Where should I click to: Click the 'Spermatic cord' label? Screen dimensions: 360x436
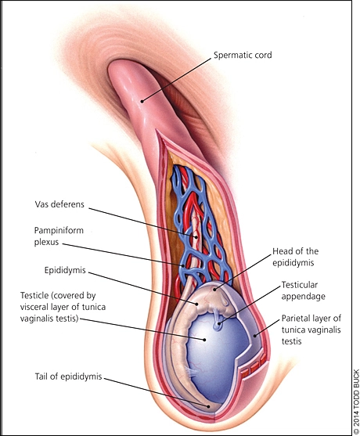pos(243,56)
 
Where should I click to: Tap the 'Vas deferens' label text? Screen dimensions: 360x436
pos(59,204)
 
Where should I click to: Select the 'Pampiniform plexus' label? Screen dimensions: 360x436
pos(59,236)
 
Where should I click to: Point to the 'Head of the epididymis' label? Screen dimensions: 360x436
pos(295,257)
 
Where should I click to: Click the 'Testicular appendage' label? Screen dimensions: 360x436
pos(304,290)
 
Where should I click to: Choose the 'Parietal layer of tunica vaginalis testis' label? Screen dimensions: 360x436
pos(311,330)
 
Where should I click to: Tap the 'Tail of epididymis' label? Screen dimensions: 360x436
pos(68,377)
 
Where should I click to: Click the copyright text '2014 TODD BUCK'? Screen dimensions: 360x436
pos(356,402)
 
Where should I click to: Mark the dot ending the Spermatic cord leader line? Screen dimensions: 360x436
pos(142,101)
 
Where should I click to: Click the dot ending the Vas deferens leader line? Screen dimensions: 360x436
pos(196,237)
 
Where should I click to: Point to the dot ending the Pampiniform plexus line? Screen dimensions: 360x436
pos(183,265)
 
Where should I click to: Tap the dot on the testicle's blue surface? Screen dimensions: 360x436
pos(204,340)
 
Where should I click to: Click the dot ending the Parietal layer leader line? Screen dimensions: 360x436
pos(255,336)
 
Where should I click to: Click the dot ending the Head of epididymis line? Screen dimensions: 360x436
pos(214,290)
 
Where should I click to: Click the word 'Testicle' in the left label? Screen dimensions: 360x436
pos(34,295)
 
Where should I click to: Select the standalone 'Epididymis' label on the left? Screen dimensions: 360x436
pos(65,270)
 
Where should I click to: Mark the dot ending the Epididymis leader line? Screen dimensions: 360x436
pos(196,304)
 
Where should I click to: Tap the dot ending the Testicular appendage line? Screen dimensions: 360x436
pos(219,323)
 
